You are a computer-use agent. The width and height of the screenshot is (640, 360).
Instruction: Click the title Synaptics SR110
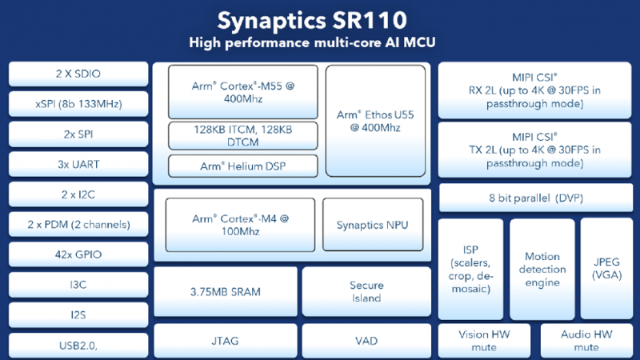320,19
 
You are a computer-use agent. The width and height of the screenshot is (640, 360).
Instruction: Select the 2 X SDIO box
78,74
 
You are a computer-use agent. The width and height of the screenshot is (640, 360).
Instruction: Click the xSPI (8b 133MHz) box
78,104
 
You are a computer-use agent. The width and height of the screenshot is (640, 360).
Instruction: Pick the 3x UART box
78,164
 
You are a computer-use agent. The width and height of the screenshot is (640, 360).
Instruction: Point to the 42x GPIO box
78,254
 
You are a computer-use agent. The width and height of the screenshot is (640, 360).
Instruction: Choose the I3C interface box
78,285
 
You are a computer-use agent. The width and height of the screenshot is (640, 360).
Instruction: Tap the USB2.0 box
78,345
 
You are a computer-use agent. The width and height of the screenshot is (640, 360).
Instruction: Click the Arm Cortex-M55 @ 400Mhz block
243,91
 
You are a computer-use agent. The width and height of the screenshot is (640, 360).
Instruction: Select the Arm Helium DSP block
243,166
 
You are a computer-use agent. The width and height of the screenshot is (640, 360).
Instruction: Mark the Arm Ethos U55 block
375,120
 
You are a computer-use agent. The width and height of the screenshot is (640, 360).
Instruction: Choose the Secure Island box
366,291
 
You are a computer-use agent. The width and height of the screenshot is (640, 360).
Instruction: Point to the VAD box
366,341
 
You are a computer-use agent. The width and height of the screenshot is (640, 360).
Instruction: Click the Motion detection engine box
542,270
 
